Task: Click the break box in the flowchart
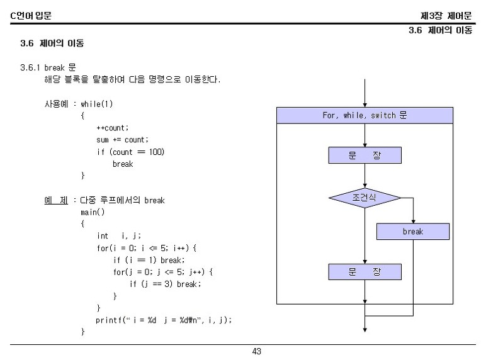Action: coord(413,231)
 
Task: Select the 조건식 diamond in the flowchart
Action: coord(365,198)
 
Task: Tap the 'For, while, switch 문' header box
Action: coord(365,115)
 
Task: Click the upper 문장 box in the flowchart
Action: coord(365,155)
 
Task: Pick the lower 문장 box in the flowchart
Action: coord(365,272)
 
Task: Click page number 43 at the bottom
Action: coord(256,351)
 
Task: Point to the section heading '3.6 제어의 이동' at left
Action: coord(52,43)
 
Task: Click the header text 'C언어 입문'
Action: coord(31,15)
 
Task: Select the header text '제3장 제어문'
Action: coord(446,16)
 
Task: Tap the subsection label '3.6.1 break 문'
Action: coord(48,67)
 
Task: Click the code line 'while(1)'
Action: coord(96,104)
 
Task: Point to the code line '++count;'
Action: coord(113,128)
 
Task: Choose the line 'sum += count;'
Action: coord(122,140)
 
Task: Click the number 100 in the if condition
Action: coord(156,152)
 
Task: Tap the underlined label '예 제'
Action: coord(56,200)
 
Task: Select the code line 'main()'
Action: coord(93,212)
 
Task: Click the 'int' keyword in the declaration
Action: coord(103,236)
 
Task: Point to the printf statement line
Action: coord(164,320)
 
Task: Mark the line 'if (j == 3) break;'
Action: coord(165,284)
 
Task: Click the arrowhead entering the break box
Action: coord(413,222)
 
